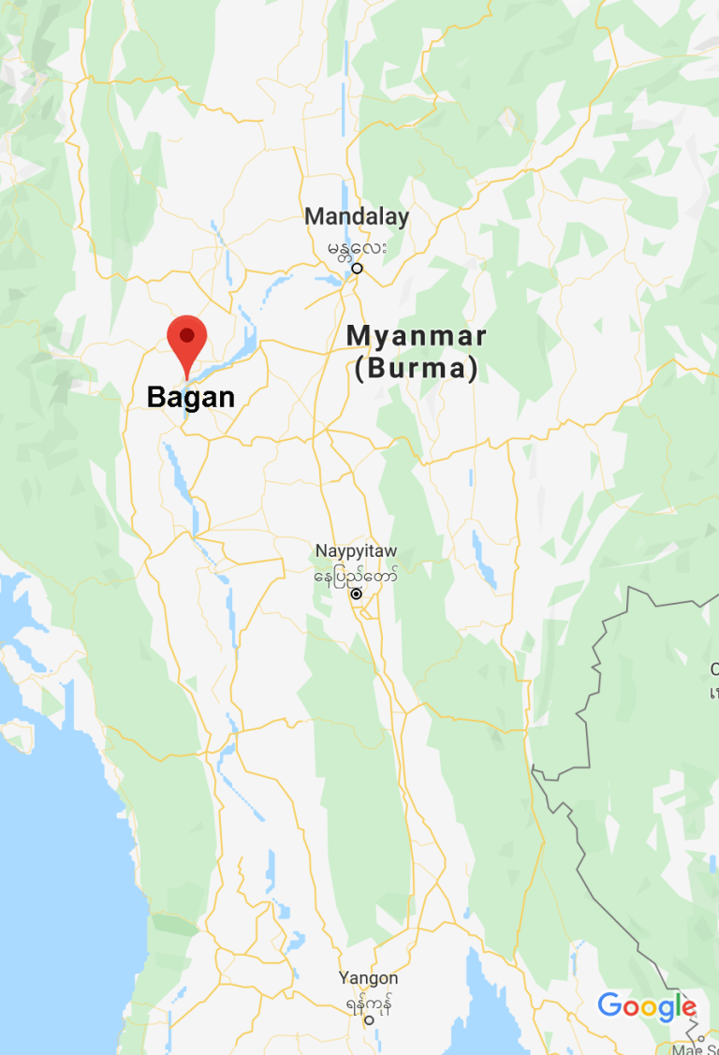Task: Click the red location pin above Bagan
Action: click(186, 343)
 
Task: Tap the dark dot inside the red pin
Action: click(186, 334)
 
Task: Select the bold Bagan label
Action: click(191, 397)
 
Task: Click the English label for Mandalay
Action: click(357, 217)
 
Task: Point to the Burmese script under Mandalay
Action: click(357, 248)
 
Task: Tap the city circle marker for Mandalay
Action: click(357, 269)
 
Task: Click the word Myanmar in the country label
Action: click(417, 335)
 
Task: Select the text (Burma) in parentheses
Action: click(417, 368)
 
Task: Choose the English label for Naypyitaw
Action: click(356, 550)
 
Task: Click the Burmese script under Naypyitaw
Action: click(356, 573)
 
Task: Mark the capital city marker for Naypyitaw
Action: click(356, 593)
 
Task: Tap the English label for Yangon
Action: click(368, 978)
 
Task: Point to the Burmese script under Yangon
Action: click(368, 1003)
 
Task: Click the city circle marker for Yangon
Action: click(368, 1021)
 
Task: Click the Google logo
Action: click(647, 1007)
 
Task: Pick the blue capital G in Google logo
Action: click(610, 1006)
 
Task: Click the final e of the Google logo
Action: click(688, 1009)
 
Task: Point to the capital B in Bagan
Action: click(156, 397)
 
